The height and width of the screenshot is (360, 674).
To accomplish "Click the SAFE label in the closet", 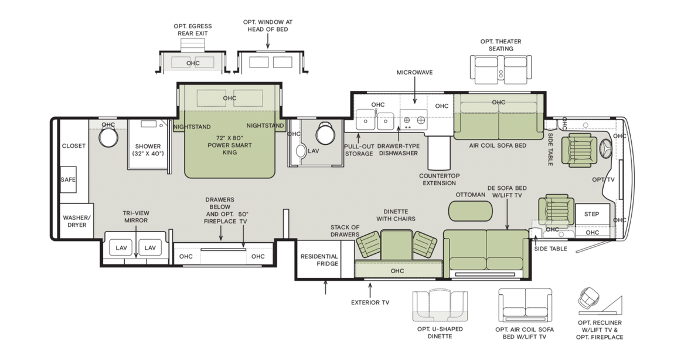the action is pos(68,179).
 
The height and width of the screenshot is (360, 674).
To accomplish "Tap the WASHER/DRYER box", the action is pos(77,221).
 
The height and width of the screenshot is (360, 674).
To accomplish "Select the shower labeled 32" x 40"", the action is pos(148,144).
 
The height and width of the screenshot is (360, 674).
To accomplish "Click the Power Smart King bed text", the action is pos(230,145).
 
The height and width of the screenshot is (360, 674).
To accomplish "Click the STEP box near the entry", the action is pos(592,214).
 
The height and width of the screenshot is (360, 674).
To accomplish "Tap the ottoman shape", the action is pos(470,211).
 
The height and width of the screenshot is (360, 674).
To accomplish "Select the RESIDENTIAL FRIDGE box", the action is pos(318,260).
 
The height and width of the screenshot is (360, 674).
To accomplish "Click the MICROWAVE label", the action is pos(414,72).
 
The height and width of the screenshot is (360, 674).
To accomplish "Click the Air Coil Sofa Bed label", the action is pos(498,145).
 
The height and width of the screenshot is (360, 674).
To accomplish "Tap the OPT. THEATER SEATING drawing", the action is pos(501,70).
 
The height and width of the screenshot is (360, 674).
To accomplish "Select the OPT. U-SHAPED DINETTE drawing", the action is pos(440,306).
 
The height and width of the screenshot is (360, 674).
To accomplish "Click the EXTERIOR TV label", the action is pos(370,303).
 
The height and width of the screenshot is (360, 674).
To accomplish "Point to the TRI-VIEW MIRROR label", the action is pos(136,216).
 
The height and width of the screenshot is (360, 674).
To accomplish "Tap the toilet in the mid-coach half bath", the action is pos(325,134).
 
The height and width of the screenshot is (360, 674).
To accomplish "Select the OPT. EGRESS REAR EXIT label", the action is pos(193,30).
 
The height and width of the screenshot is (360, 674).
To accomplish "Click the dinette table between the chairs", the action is pos(396,245).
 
